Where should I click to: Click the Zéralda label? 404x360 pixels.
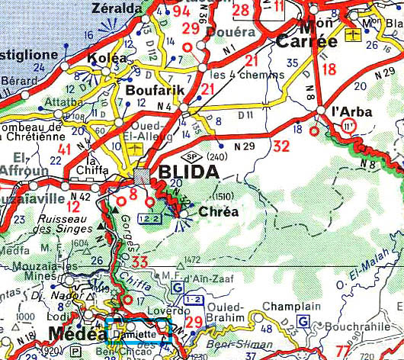click(116, 8)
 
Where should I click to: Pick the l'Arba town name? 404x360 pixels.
click(353, 111)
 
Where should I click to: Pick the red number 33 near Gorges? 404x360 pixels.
click(139, 263)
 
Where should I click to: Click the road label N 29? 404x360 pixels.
click(244, 145)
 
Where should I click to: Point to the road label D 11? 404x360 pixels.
click(245, 114)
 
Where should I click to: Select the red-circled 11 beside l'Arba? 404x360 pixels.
click(349, 124)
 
